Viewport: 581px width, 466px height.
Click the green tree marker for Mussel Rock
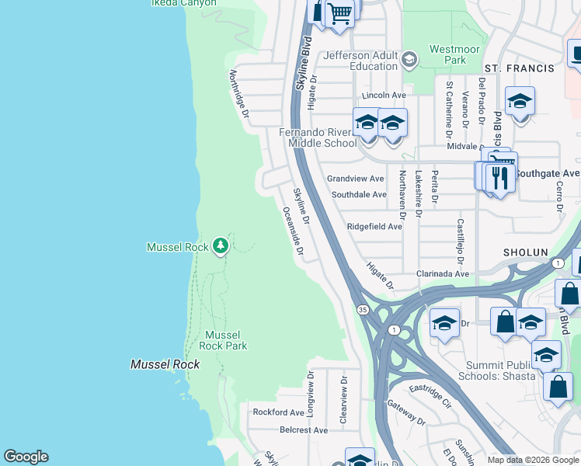coord(221,246)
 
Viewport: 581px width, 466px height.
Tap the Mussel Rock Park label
coord(224,340)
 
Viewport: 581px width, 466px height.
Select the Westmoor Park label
coord(448,54)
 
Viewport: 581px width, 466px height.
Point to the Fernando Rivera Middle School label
coord(318,137)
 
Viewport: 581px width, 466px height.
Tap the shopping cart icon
coord(339,12)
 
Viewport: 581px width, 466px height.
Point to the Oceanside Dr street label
coord(292,231)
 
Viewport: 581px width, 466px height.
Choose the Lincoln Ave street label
coord(379,95)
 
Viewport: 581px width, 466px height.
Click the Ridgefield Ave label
coord(374,227)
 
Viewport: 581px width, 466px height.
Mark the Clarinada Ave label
coord(442,273)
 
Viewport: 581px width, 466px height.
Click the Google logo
coord(26,457)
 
